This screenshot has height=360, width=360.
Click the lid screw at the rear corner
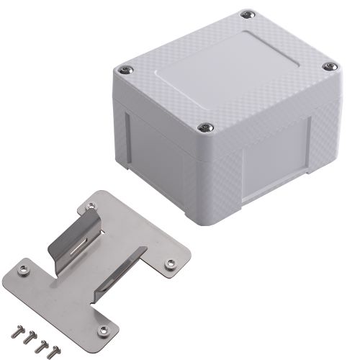[x=248, y=14]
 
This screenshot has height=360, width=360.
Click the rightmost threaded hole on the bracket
[x=171, y=264]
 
